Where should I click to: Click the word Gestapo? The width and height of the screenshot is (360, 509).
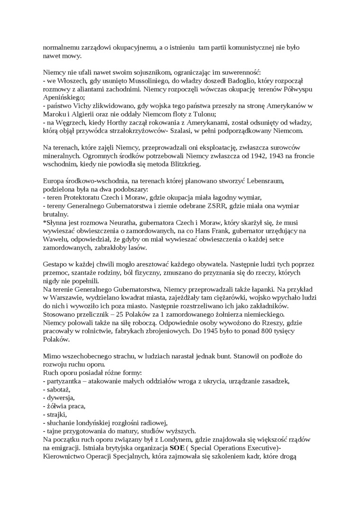click(x=56, y=264)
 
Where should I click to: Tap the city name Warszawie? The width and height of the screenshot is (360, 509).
click(x=68, y=297)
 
